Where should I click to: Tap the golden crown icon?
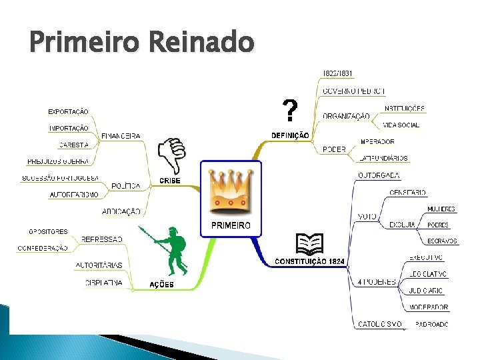point(231,190)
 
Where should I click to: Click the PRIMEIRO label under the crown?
point(231,226)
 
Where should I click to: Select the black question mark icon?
point(289,111)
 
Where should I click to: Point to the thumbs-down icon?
point(172,156)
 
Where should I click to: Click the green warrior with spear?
point(172,251)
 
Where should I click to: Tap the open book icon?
point(309,245)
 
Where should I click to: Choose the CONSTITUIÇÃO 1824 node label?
point(309,261)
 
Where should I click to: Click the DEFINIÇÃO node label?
point(290,135)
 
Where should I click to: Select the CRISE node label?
point(170,181)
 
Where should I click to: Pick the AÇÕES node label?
point(161,285)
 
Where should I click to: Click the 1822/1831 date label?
point(338,73)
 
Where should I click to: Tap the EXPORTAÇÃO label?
point(68,111)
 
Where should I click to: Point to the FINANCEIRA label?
point(121,136)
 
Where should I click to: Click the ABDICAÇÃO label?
point(121,211)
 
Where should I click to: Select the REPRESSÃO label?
point(102,239)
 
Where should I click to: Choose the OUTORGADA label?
point(379,175)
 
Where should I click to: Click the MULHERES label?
point(442,209)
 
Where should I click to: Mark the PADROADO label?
point(432,324)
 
